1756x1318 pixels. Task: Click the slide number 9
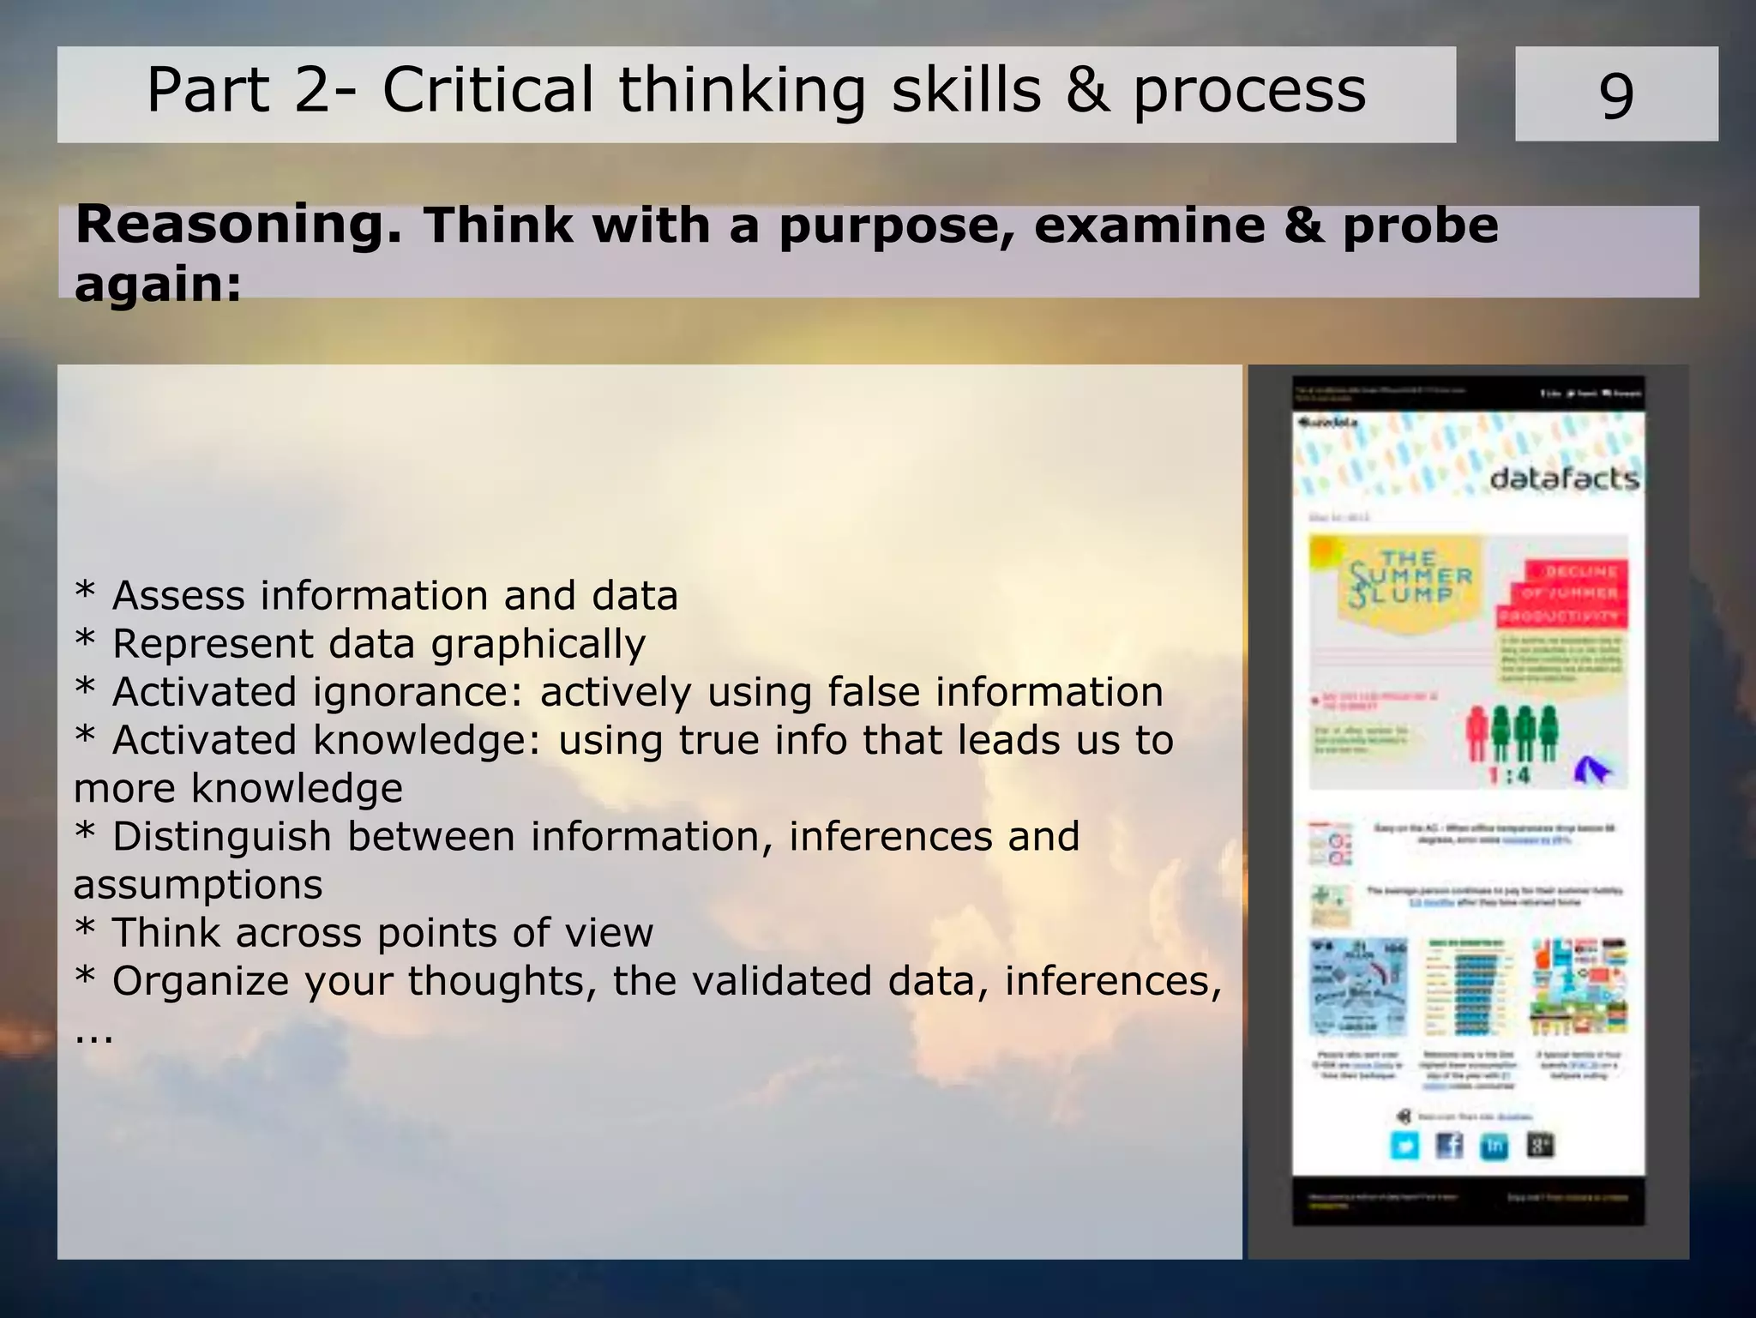pyautogui.click(x=1615, y=95)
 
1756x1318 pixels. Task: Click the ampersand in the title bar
pyautogui.click(x=1087, y=90)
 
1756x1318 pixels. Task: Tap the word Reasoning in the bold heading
pyautogui.click(x=238, y=226)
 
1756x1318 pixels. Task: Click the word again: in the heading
pyautogui.click(x=158, y=284)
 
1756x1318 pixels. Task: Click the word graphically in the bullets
pyautogui.click(x=538, y=645)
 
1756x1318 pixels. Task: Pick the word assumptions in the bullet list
pyautogui.click(x=198, y=885)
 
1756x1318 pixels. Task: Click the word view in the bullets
pyautogui.click(x=616, y=933)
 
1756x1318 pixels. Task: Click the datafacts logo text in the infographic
pyautogui.click(x=1564, y=478)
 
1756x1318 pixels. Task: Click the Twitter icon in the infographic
pyautogui.click(x=1404, y=1146)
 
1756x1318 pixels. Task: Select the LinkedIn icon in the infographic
pyautogui.click(x=1494, y=1146)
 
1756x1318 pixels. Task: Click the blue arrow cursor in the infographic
pyautogui.click(x=1591, y=770)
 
